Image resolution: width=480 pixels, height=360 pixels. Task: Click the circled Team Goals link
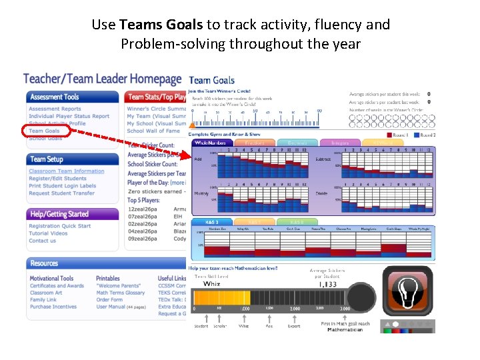click(44, 131)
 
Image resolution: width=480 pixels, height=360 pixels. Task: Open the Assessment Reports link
click(55, 109)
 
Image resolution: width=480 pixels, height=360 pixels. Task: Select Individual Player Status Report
click(69, 116)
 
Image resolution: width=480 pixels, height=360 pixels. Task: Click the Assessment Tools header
click(55, 97)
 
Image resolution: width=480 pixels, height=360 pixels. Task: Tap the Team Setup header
click(47, 159)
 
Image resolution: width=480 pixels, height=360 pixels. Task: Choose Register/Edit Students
click(57, 179)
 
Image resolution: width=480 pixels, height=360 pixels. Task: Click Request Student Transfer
click(61, 193)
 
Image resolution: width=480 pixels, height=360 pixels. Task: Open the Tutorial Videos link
click(48, 233)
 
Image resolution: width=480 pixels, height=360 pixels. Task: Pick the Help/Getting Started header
click(59, 214)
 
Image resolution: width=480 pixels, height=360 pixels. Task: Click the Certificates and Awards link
click(57, 286)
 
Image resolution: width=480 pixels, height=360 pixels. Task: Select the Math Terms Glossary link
click(120, 293)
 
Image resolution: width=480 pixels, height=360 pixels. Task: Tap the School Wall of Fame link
click(153, 131)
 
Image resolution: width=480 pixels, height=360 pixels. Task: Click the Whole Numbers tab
click(209, 142)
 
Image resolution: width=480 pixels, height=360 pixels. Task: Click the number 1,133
click(328, 283)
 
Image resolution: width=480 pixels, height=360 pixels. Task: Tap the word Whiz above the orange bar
click(211, 283)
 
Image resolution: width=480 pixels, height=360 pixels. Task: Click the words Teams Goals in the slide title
click(161, 25)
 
